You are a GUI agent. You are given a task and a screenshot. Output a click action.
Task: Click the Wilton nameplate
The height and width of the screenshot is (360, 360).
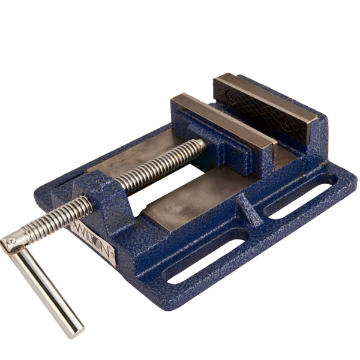click(94, 243)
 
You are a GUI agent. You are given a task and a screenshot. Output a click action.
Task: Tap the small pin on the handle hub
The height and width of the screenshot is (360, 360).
click(11, 241)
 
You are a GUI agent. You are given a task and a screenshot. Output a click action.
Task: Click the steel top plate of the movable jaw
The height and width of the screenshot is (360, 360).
click(224, 121)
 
